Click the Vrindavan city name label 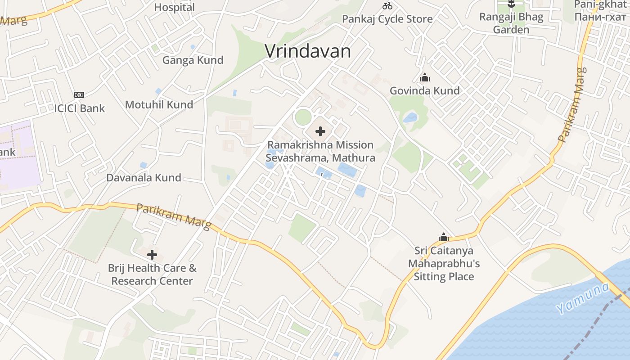(308, 51)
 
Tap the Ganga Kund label (193, 60)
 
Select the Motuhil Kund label (159, 105)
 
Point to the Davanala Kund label (144, 178)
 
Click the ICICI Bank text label (79, 108)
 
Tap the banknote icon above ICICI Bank (79, 95)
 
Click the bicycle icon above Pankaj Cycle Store (387, 6)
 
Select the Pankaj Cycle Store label (387, 19)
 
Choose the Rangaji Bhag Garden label (511, 23)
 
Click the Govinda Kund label (424, 91)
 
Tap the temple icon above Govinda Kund (424, 78)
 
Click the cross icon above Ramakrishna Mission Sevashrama (320, 131)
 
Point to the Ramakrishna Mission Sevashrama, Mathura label (320, 152)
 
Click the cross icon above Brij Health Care (152, 255)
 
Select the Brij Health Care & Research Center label (152, 274)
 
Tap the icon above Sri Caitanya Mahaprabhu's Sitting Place (444, 237)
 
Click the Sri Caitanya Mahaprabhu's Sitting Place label (444, 263)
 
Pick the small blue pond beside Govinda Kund (410, 118)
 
